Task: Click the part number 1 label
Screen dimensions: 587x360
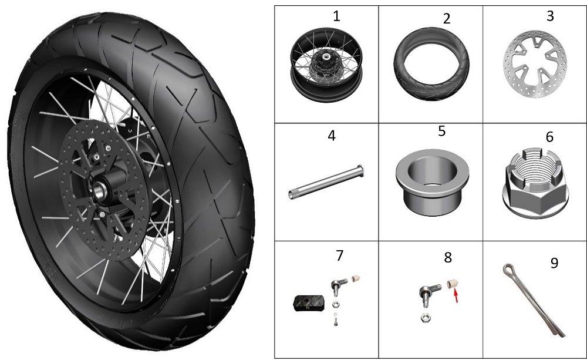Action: [x=336, y=16]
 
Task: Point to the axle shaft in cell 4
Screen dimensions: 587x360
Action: [x=326, y=182]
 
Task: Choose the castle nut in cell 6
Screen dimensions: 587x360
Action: [x=535, y=183]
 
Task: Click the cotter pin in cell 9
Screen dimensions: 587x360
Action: [x=534, y=300]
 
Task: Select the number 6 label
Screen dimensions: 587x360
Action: [x=549, y=137]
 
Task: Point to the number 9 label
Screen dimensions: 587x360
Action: [x=554, y=263]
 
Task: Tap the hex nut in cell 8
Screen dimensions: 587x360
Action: [x=425, y=318]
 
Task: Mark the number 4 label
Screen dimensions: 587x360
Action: [x=331, y=136]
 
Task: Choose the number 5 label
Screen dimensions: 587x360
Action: [x=442, y=131]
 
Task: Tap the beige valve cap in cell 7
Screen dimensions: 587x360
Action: [x=355, y=279]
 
